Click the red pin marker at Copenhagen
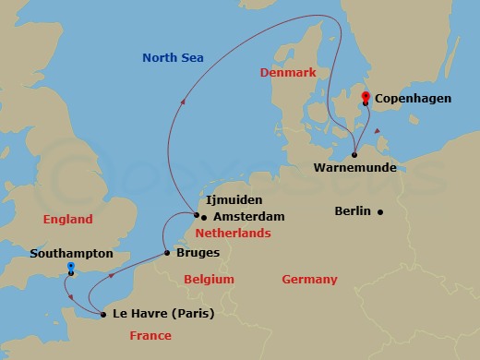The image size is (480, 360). pos(366,97)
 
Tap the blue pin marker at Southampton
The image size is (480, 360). pos(70,268)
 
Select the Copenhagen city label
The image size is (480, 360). pos(413,97)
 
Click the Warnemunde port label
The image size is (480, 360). pos(355,168)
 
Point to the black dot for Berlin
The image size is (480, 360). pos(379,211)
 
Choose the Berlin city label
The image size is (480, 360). pos(353,211)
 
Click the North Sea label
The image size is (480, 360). pos(173,58)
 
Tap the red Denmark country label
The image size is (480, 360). pos(288,72)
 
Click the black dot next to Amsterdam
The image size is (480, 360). pos(202,217)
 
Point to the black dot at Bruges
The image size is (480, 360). pos(166,252)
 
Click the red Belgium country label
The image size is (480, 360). pos(209,280)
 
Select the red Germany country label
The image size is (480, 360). pos(309,280)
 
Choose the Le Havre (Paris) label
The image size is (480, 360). pos(162,314)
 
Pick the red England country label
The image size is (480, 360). pos(68,220)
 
